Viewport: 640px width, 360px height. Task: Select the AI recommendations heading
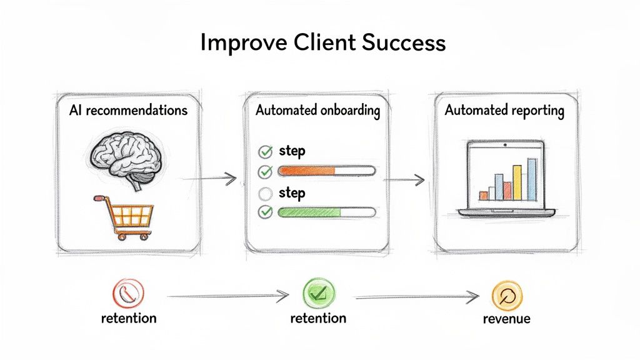click(x=128, y=111)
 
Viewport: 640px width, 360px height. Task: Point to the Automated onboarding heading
click(x=317, y=111)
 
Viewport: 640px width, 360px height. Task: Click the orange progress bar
click(x=306, y=171)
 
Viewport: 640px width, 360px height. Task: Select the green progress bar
click(x=309, y=212)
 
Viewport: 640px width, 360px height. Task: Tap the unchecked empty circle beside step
click(x=266, y=193)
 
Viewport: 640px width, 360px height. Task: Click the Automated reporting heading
click(x=504, y=111)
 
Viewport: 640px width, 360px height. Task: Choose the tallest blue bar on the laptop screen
click(x=532, y=179)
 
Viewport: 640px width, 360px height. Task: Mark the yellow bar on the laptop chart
click(x=517, y=182)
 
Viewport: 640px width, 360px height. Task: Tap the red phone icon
click(x=128, y=292)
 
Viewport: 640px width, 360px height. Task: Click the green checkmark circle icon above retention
click(x=319, y=292)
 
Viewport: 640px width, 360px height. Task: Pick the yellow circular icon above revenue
click(x=506, y=295)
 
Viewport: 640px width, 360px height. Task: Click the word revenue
click(x=506, y=319)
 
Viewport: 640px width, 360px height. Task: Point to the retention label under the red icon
click(x=128, y=318)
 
